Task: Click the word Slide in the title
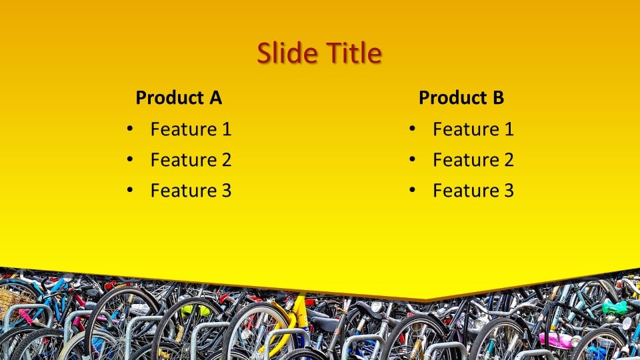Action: (x=287, y=53)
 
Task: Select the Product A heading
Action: (x=179, y=97)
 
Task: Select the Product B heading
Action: (x=461, y=97)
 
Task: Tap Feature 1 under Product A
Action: (x=191, y=129)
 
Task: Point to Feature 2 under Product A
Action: (x=191, y=160)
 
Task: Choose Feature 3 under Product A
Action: (x=191, y=191)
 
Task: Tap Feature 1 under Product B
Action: (x=473, y=129)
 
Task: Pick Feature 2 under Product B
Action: (x=473, y=160)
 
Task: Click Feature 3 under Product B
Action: (x=473, y=191)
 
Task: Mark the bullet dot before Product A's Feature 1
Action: (x=130, y=129)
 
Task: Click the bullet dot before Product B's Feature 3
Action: (x=412, y=190)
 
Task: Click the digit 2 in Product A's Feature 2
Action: (x=227, y=160)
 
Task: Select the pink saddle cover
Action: (x=555, y=341)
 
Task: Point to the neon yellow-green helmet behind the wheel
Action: (x=195, y=311)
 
